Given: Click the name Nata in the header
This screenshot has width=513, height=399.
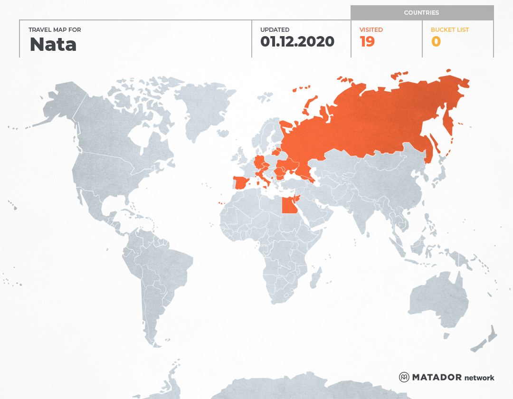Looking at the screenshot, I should pyautogui.click(x=53, y=44).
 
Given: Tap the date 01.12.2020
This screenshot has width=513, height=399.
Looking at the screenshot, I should pyautogui.click(x=297, y=42).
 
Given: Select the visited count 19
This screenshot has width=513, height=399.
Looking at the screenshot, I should pyautogui.click(x=367, y=42).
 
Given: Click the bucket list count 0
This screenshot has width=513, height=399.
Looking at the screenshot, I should pyautogui.click(x=436, y=42).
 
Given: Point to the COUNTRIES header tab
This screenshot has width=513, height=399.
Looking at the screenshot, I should pyautogui.click(x=421, y=13).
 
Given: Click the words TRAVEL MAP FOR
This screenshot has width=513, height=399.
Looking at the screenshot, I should pyautogui.click(x=55, y=30).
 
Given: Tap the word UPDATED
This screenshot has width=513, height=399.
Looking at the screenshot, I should pyautogui.click(x=275, y=30).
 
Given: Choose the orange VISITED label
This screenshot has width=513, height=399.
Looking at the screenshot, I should pyautogui.click(x=371, y=30).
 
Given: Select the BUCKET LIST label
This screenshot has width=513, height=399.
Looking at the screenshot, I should pyautogui.click(x=449, y=30).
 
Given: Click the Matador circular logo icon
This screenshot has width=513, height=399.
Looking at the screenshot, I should pyautogui.click(x=404, y=377).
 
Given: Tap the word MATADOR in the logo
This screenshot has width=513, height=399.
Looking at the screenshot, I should pyautogui.click(x=437, y=377).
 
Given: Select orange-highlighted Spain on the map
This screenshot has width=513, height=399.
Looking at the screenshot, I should pyautogui.click(x=242, y=182).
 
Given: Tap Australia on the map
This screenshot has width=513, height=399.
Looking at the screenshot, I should pyautogui.click(x=437, y=299).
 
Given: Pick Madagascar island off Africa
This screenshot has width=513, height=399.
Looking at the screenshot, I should pyautogui.click(x=314, y=278).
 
